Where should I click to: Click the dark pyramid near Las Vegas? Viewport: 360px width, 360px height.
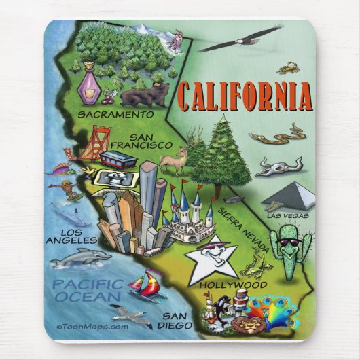[x=291, y=196]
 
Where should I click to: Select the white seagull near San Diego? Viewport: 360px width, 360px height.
[x=132, y=315]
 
